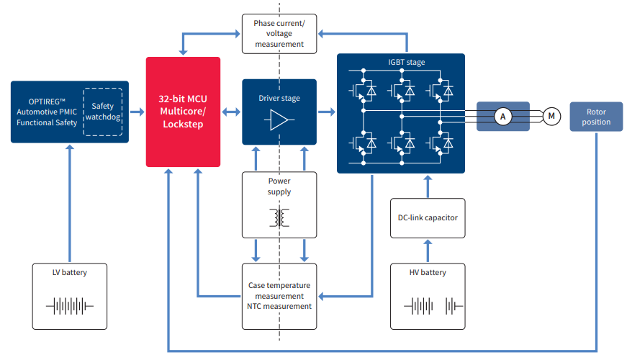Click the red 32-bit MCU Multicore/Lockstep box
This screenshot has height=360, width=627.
pos(183,112)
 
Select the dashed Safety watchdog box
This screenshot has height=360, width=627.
pos(103,112)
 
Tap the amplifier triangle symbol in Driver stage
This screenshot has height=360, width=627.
pos(279,120)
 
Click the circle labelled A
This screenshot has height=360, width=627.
pos(503,116)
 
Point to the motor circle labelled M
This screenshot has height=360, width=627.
pos(551,116)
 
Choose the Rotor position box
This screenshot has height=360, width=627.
pos(597,117)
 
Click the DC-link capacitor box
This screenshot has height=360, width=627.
pos(428,218)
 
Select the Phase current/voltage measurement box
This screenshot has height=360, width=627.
pos(279,34)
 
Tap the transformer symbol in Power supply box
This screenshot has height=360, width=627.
pos(279,217)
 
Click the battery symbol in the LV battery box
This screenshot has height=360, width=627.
pos(70,306)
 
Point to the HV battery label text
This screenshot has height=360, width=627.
pos(428,272)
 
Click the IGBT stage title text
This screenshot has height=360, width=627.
pos(406,63)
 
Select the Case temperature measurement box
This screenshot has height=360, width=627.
pos(279,296)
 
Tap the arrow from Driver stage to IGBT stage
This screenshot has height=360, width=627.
pos(326,112)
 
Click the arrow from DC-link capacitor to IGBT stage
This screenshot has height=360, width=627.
pos(428,186)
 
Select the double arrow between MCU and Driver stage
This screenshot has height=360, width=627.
pos(230,112)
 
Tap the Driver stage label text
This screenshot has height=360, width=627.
pos(279,98)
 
